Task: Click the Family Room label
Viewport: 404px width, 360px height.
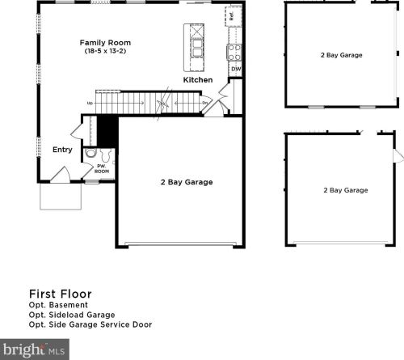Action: coord(105,43)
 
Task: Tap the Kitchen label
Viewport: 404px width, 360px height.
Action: coord(198,80)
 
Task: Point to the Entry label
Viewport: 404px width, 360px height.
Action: coord(62,150)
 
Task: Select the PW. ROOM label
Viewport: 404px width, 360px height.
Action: coord(102,169)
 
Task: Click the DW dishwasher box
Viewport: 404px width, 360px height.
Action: coord(236,69)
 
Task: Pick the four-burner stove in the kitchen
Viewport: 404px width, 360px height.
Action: coord(234,53)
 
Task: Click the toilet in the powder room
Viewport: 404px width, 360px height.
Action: coord(106,155)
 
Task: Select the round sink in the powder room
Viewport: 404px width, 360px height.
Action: coord(90,153)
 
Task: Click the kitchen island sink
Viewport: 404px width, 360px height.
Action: coord(197,48)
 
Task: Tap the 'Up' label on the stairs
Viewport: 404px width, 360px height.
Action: coord(90,103)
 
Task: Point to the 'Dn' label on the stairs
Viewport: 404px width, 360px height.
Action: coord(205,103)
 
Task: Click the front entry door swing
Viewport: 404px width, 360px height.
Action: coord(61,175)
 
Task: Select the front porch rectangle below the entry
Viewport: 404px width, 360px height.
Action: coord(61,197)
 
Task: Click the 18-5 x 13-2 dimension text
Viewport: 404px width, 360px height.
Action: coord(105,51)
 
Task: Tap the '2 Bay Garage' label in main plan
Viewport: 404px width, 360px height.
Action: coord(187,182)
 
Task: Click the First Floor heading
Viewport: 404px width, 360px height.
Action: coord(61,294)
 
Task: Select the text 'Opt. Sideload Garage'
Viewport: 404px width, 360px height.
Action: coord(72,315)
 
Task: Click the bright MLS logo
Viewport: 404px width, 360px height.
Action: coord(35,349)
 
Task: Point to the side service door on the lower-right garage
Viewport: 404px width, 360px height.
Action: coord(398,156)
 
